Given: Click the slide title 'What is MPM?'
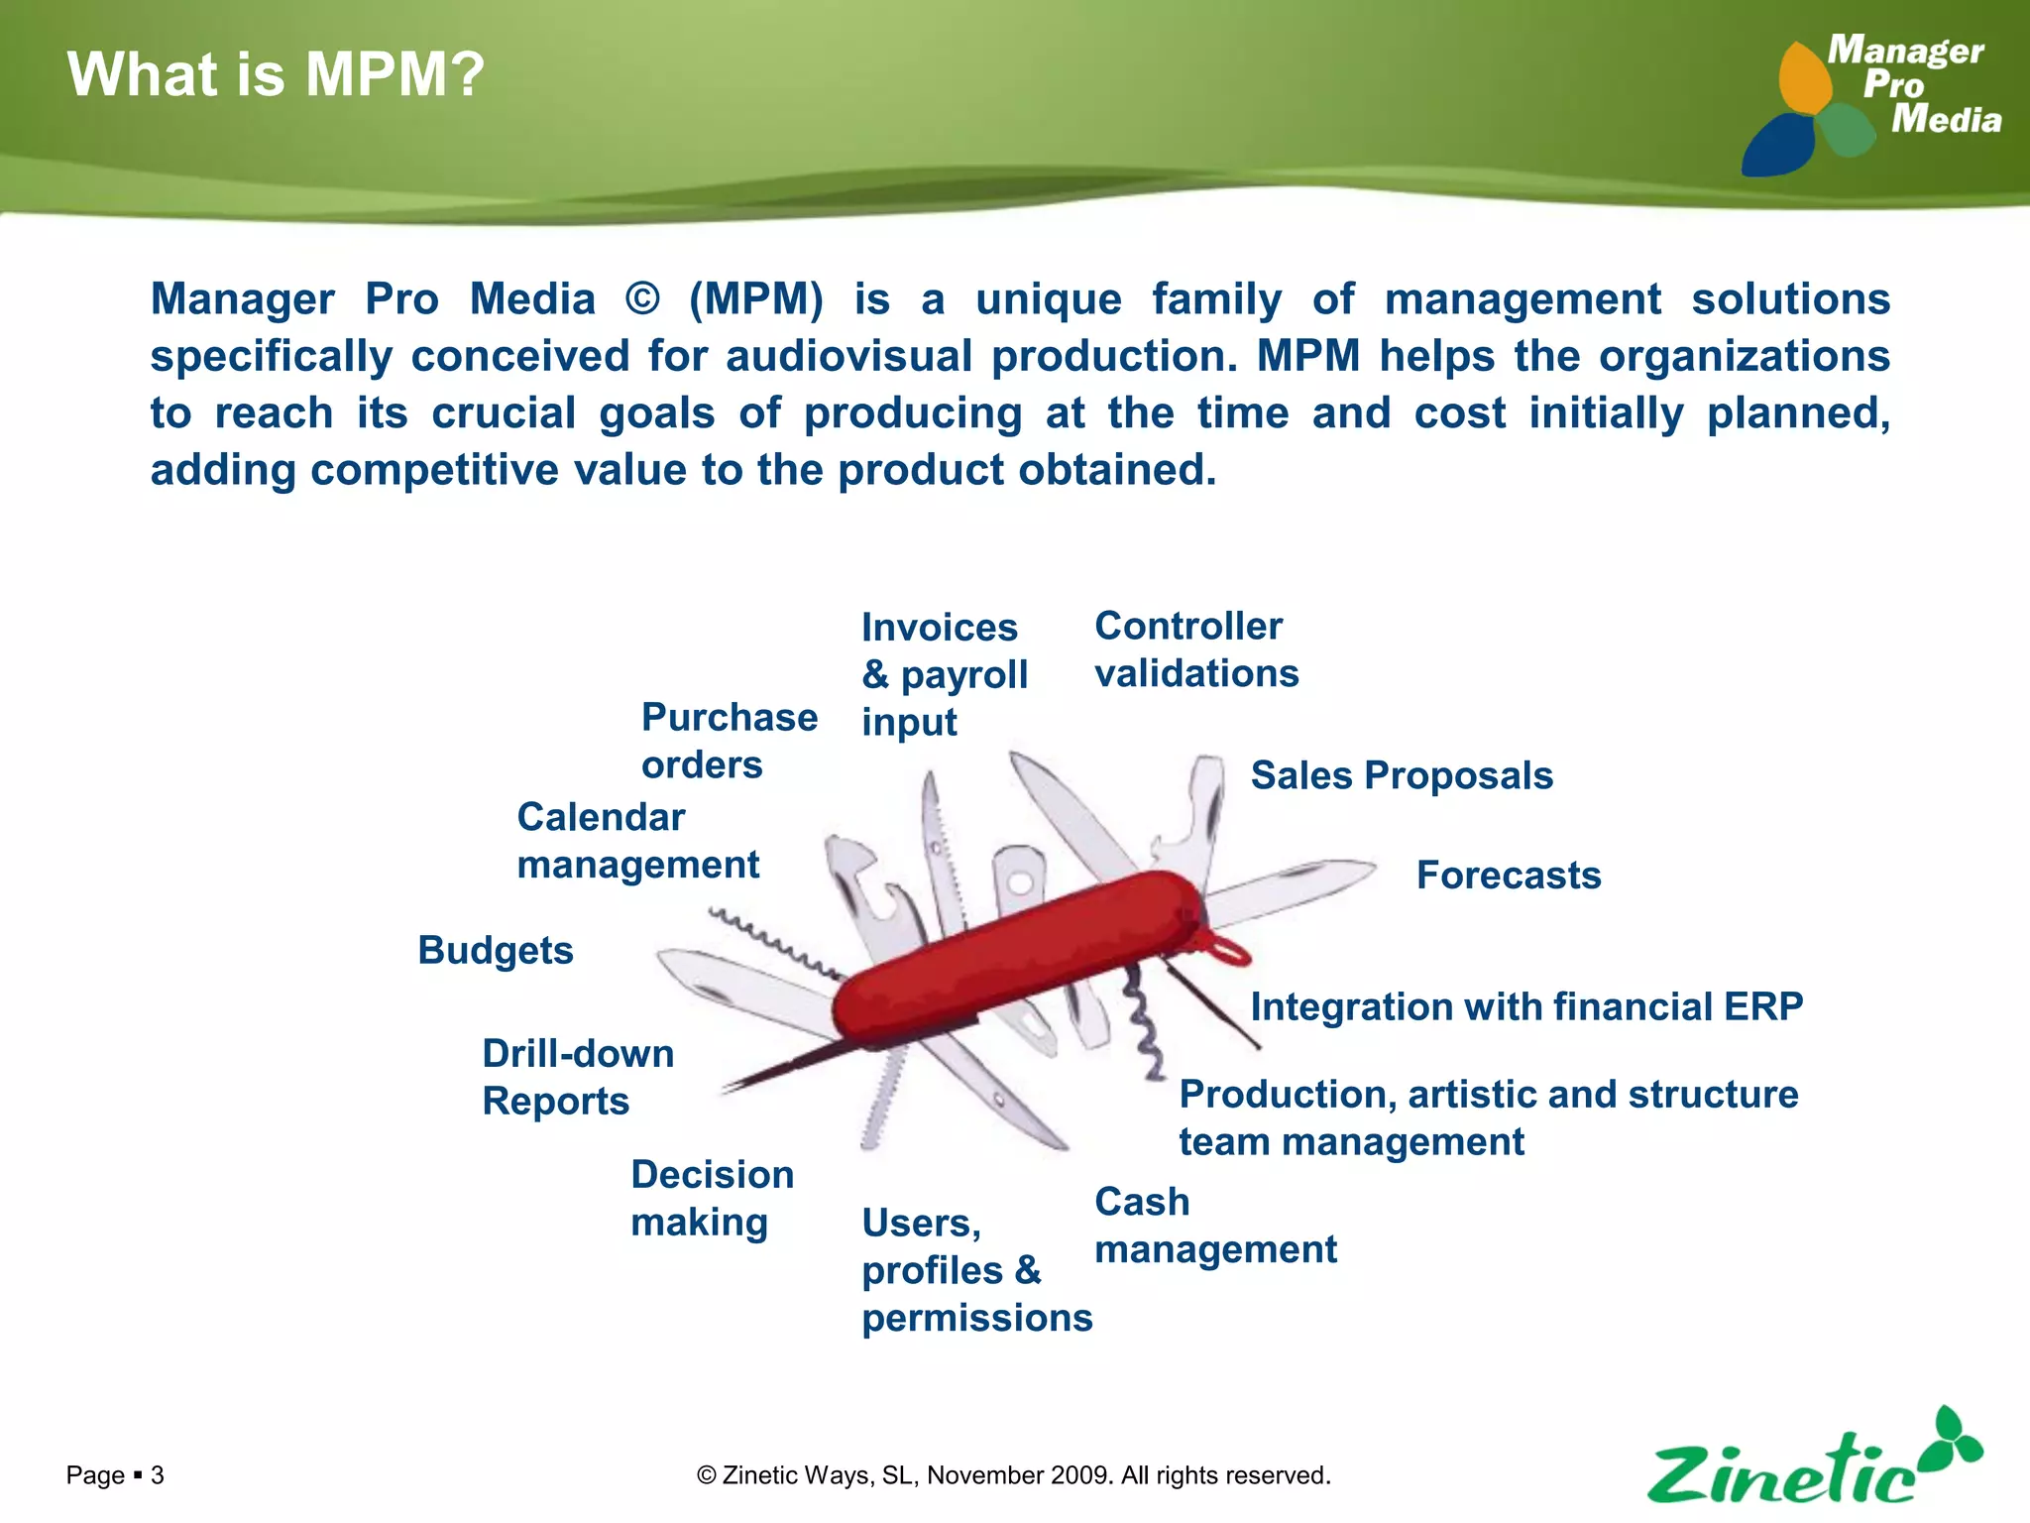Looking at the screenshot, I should pyautogui.click(x=276, y=74).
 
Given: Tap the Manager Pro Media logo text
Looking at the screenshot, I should pyautogui.click(x=1913, y=85).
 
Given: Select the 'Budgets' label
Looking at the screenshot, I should pyautogui.click(x=496, y=950).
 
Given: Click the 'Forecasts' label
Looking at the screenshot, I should pyautogui.click(x=1508, y=876).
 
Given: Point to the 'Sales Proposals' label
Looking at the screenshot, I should pyautogui.click(x=1401, y=775).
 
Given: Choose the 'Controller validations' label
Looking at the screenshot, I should pyautogui.click(x=1195, y=649).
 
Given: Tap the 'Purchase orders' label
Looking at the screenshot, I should pyautogui.click(x=729, y=741).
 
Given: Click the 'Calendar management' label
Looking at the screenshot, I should pyautogui.click(x=637, y=841).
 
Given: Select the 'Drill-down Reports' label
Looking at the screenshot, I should pyautogui.click(x=577, y=1077).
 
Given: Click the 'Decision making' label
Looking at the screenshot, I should pyautogui.click(x=712, y=1198).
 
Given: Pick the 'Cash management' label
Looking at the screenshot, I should pyautogui.click(x=1214, y=1226).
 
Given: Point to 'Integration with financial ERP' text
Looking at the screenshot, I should pyautogui.click(x=1525, y=1006).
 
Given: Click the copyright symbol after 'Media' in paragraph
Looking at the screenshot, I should pyautogui.click(x=642, y=299).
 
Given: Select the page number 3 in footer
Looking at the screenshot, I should pyautogui.click(x=157, y=1475).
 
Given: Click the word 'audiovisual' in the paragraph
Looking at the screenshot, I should pyautogui.click(x=848, y=356).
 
